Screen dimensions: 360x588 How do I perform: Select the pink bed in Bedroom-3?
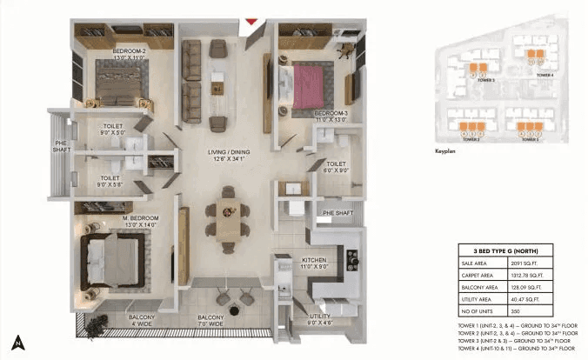click(x=309, y=88)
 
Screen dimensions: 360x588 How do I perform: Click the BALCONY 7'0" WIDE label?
click(x=211, y=321)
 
